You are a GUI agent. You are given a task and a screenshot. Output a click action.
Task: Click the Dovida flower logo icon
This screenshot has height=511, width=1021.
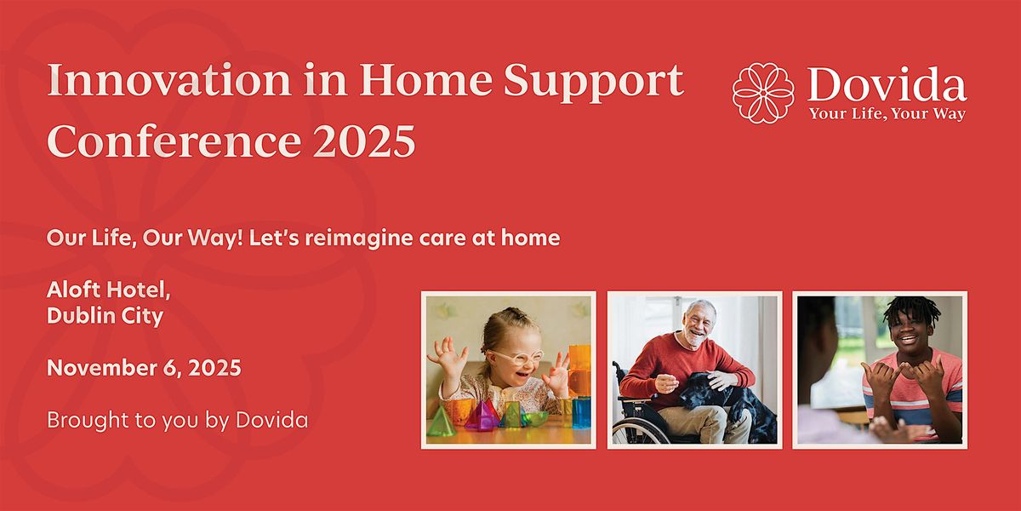pyautogui.click(x=763, y=93)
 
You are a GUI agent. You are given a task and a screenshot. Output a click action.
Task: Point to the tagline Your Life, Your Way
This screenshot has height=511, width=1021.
pyautogui.click(x=887, y=114)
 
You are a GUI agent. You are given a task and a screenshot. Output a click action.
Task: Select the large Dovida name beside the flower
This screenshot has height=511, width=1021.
pyautogui.click(x=887, y=85)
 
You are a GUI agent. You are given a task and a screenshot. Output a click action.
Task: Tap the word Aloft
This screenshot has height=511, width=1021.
pyautogui.click(x=74, y=290)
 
